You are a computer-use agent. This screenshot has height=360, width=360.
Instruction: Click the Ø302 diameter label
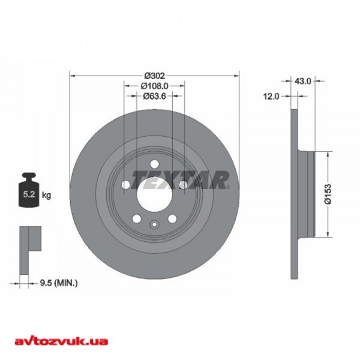pyautogui.click(x=155, y=76)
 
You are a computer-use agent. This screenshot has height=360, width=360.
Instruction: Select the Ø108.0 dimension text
pyautogui.click(x=155, y=86)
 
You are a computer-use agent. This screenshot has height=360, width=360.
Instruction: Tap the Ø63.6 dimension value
pyautogui.click(x=154, y=96)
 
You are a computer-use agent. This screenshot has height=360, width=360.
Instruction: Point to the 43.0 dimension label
pyautogui.click(x=303, y=81)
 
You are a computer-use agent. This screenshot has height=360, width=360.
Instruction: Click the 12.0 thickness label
pyautogui.click(x=271, y=97)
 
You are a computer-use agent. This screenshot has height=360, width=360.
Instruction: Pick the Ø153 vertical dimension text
pyautogui.click(x=328, y=194)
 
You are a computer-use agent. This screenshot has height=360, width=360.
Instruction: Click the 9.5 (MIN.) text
pyautogui.click(x=59, y=283)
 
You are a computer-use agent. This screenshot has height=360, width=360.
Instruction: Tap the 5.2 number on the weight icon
pyautogui.click(x=29, y=194)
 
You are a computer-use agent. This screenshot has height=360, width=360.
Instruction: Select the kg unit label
pyautogui.click(x=47, y=196)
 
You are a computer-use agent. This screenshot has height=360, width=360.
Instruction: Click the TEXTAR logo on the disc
pyautogui.click(x=181, y=180)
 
